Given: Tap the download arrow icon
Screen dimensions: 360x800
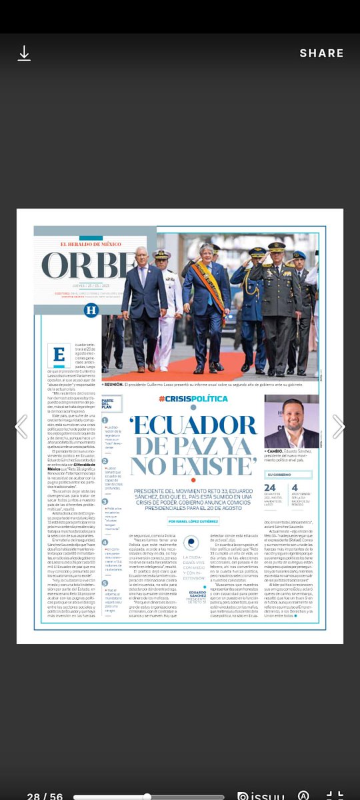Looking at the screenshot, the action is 24,53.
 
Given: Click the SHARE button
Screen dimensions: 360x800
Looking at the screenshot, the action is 321,53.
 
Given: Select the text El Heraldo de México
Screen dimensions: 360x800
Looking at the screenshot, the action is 91,245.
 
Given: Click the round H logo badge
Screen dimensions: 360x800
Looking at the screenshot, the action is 91,309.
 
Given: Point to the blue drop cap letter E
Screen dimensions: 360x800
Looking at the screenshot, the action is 59,355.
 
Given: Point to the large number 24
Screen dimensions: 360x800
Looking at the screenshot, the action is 271,488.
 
